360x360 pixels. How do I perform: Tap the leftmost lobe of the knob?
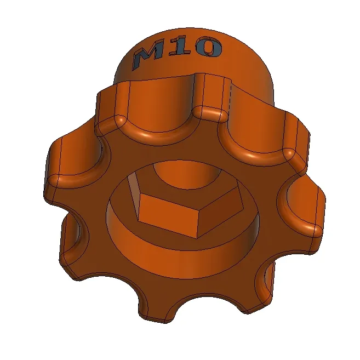58,170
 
